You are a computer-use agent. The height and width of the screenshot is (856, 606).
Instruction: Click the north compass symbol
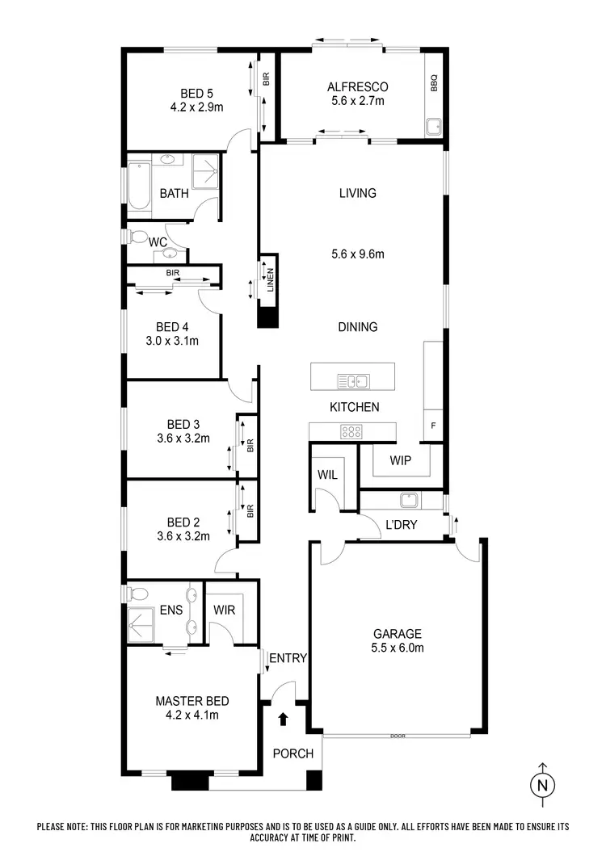(x=543, y=783)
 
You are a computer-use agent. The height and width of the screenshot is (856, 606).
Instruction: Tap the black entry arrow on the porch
(x=282, y=717)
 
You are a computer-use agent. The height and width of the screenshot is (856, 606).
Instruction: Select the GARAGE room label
(x=397, y=634)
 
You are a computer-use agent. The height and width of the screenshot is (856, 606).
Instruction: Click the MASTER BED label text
(x=191, y=701)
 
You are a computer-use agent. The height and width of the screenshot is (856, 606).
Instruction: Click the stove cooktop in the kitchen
(x=351, y=431)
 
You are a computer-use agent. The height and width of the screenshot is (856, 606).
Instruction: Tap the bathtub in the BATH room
(x=138, y=186)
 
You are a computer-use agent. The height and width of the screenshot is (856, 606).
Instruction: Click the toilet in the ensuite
(x=137, y=594)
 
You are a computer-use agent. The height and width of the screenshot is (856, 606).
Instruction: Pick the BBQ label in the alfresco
(x=433, y=82)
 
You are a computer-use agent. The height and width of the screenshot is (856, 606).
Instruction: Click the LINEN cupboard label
(x=270, y=281)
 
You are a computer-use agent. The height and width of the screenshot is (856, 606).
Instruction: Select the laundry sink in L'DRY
(x=410, y=501)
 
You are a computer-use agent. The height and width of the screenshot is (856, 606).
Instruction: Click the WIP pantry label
(x=400, y=462)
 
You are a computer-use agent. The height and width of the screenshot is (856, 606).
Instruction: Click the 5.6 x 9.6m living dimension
(x=357, y=254)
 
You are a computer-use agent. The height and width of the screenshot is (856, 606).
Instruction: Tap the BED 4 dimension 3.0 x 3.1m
(x=172, y=341)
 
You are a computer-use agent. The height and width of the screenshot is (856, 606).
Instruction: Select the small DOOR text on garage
(x=396, y=736)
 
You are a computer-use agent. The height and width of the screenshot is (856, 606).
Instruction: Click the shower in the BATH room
(x=206, y=170)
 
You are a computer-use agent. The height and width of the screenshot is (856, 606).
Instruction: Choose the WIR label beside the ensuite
(x=225, y=610)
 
